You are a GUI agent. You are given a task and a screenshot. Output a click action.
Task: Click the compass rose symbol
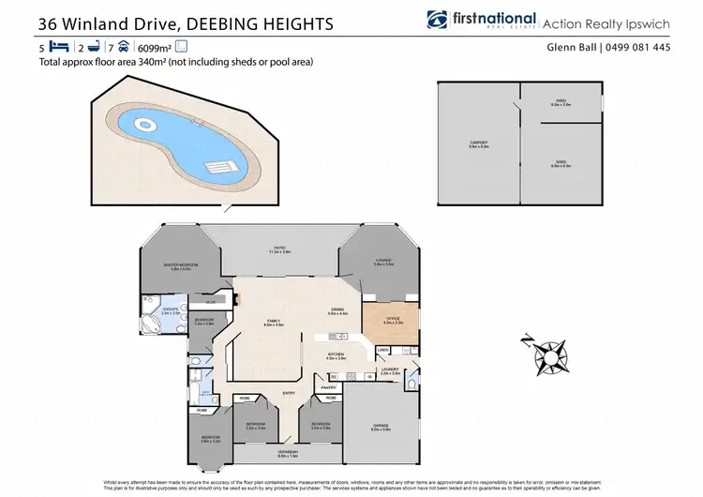point(546,357)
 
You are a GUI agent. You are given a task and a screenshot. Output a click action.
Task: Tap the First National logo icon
point(436,20)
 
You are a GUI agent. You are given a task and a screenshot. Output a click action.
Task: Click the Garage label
point(381,427)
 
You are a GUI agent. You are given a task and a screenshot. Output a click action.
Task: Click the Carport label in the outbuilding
point(478,143)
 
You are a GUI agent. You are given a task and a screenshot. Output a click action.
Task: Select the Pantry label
point(328,386)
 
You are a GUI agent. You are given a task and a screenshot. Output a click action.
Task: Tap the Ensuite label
point(170,311)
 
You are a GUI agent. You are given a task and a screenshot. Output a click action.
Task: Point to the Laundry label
point(390,369)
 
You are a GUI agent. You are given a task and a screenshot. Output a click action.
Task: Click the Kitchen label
point(335,354)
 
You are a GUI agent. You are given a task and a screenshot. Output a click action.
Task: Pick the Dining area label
point(337,310)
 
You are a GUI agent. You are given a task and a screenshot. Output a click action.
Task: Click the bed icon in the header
point(58,46)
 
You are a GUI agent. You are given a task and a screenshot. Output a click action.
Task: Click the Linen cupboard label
point(382,351)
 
